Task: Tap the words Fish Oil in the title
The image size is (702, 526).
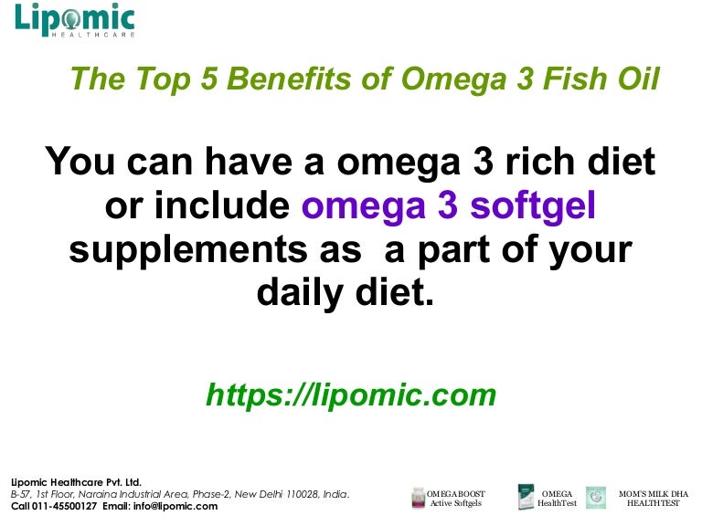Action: tap(603, 80)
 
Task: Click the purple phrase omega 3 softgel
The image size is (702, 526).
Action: tap(449, 206)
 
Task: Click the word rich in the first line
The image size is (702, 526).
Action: tap(525, 163)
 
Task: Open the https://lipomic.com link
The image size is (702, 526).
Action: tap(351, 394)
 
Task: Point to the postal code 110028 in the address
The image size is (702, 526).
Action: tap(292, 494)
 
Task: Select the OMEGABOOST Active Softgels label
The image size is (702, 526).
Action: tap(457, 499)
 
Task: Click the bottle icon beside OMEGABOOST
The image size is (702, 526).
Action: tap(420, 499)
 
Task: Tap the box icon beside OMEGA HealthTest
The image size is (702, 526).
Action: tap(526, 499)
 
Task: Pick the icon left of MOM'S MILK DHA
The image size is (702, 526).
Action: tap(595, 498)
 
